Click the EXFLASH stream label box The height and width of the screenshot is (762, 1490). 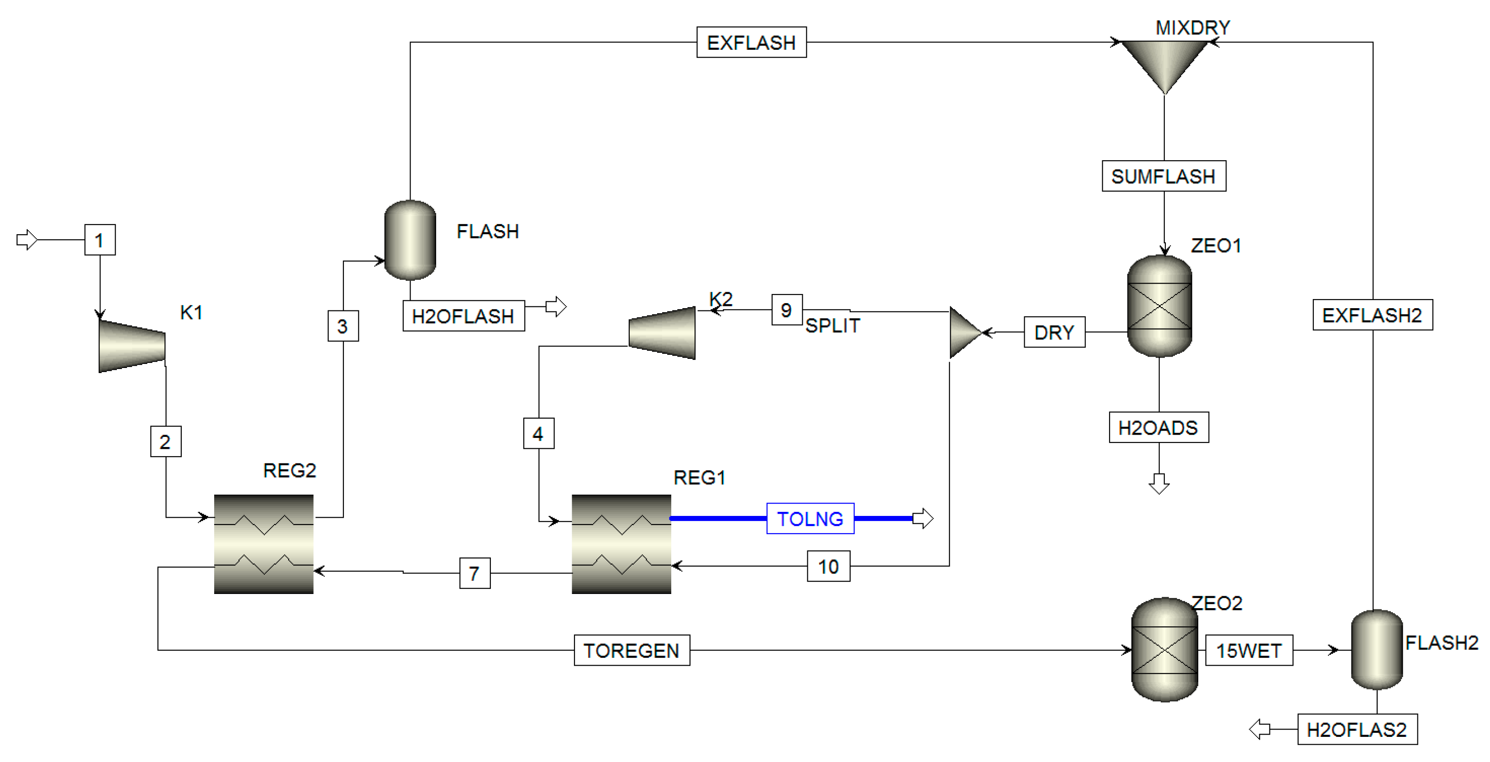[x=751, y=42]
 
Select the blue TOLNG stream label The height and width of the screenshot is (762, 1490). [x=810, y=519]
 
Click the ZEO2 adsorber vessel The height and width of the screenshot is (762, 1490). [x=1164, y=650]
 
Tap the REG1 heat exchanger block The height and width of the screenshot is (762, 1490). [x=621, y=544]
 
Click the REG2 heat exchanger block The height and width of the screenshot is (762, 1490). [x=264, y=544]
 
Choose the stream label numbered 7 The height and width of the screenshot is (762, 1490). [x=474, y=573]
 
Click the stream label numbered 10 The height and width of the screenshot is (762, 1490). [x=828, y=566]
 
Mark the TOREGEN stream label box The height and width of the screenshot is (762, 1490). [x=632, y=651]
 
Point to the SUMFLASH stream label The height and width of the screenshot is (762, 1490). [x=1163, y=176]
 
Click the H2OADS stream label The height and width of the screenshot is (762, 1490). [x=1158, y=428]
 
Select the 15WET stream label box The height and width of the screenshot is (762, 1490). [x=1249, y=651]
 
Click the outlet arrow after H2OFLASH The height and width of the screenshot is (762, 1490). [x=556, y=306]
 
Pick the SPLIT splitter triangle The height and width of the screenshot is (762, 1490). [x=963, y=333]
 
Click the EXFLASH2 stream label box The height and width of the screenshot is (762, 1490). [x=1372, y=315]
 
